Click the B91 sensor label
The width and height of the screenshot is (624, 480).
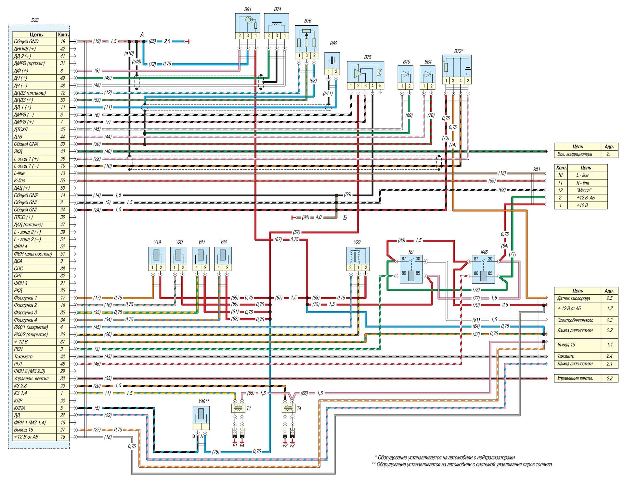pyautogui.click(x=248, y=9)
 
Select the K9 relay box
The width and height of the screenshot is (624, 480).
pyautogui.click(x=411, y=269)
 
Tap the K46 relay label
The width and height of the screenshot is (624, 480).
pyautogui.click(x=484, y=252)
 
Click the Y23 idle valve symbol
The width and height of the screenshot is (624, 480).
pyautogui.click(x=358, y=256)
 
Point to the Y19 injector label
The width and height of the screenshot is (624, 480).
pyautogui.click(x=157, y=243)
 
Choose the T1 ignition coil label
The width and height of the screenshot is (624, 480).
pyautogui.click(x=249, y=408)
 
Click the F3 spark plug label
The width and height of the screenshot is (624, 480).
pyautogui.click(x=292, y=446)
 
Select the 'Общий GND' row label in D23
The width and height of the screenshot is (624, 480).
pyautogui.click(x=26, y=42)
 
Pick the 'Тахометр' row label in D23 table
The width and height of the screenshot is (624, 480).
pyautogui.click(x=23, y=357)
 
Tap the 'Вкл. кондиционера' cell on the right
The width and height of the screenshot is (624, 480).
pyautogui.click(x=575, y=154)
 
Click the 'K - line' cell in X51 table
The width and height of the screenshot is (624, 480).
pyautogui.click(x=583, y=183)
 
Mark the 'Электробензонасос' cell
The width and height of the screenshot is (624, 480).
pyautogui.click(x=575, y=320)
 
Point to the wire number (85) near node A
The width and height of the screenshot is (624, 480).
pyautogui.click(x=152, y=41)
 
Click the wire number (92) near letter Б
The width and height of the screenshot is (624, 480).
pyautogui.click(x=305, y=217)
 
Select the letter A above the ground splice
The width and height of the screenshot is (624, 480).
pyautogui.click(x=142, y=34)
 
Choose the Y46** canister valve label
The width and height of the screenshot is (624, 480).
pyautogui.click(x=204, y=401)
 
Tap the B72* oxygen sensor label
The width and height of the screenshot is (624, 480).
pyautogui.click(x=459, y=51)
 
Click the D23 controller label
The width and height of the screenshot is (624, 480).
pyautogui.click(x=35, y=20)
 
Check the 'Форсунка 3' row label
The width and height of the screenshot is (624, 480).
pyautogui.click(x=25, y=313)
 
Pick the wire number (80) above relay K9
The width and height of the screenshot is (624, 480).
pyautogui.click(x=401, y=241)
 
